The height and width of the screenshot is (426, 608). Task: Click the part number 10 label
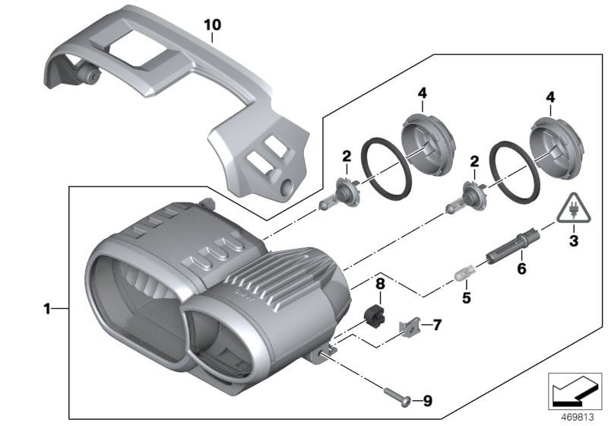pos(213,24)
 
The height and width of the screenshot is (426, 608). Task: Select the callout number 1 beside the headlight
pos(47,309)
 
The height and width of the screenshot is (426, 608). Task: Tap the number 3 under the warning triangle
pos(573,243)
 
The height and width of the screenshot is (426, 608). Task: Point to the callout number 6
pos(521,268)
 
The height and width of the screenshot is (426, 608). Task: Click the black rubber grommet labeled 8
pos(377,314)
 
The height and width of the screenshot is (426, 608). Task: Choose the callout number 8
pos(381,285)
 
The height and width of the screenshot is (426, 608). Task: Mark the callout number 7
pos(436,325)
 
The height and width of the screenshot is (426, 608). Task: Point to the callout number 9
pos(426,400)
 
